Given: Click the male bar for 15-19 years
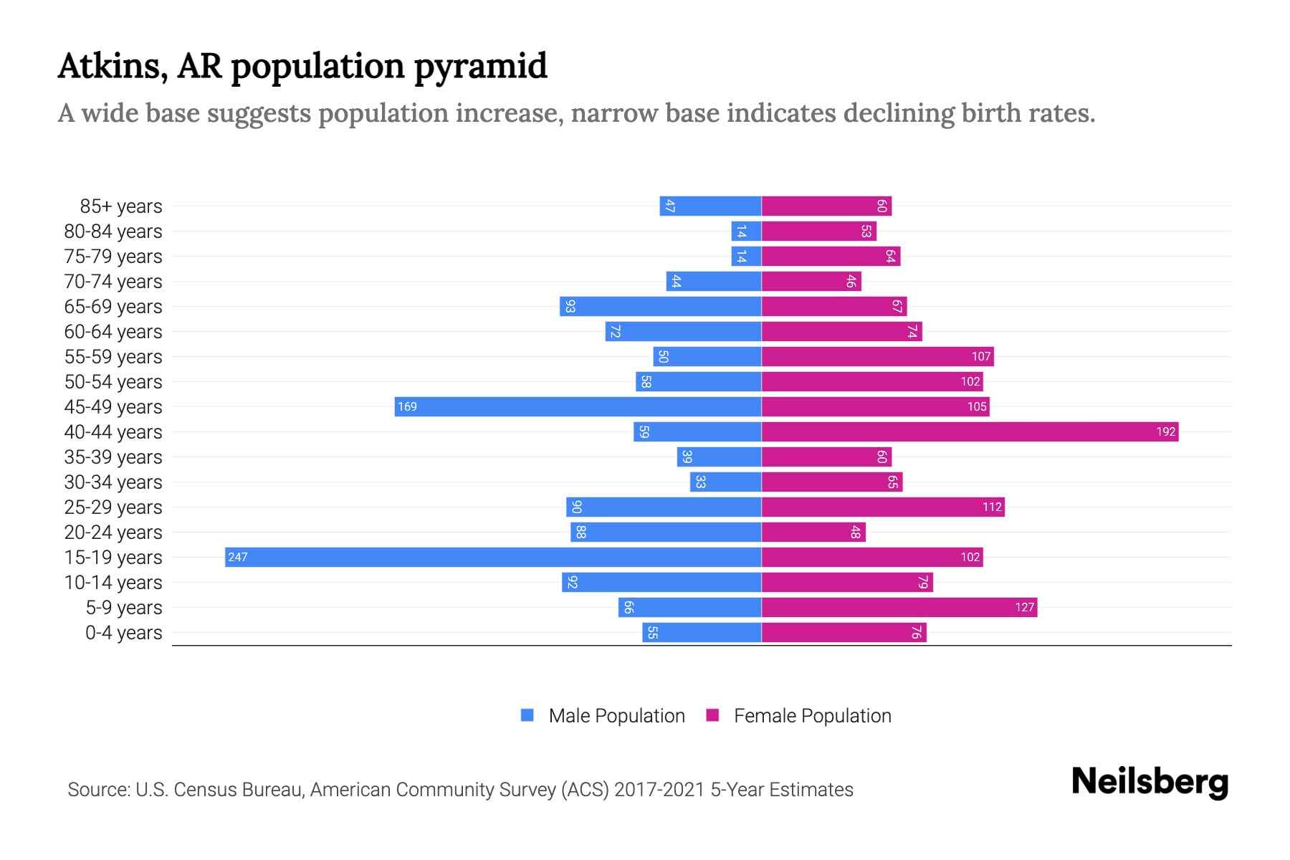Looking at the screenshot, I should point(493,557).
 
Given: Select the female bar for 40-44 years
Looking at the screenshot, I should point(970,431).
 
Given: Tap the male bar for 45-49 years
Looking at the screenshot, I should point(578,406).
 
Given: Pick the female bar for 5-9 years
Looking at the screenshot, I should point(899,607).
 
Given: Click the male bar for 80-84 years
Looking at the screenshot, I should point(746,231).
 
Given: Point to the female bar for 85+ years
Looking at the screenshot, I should point(826,206).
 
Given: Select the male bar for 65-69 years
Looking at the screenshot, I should point(660,306).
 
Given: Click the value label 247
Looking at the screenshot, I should point(238,557).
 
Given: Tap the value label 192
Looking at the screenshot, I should point(1165,431).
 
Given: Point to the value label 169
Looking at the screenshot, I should point(407,406).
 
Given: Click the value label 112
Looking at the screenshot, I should point(992,507).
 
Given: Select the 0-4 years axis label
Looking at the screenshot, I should point(123,633).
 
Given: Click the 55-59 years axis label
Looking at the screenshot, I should point(113,357).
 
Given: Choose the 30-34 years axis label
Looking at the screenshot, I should point(113,482).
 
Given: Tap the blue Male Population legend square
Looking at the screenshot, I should point(527,715).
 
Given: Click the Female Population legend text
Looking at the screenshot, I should point(812,716).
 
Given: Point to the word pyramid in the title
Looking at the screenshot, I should point(480,67).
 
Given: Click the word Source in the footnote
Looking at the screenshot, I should point(98,790).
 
